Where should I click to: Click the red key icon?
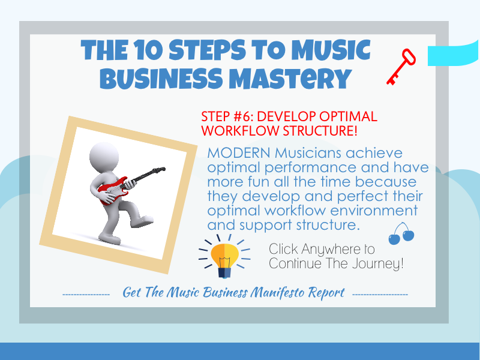coord(400,67)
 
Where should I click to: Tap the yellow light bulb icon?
coord(223,257)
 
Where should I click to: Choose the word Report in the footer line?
coord(326,293)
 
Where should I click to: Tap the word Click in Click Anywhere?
coord(284,249)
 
